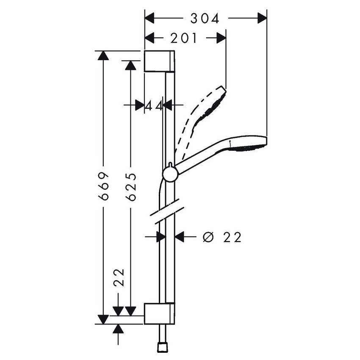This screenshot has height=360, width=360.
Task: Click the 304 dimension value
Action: [x=205, y=18]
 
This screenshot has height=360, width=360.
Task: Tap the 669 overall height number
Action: [x=104, y=187]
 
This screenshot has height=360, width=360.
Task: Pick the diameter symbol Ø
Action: [x=207, y=237]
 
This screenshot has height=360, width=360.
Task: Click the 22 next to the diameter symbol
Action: [x=232, y=237]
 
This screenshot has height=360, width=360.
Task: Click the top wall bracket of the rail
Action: [x=159, y=61]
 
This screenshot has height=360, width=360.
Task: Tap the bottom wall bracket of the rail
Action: [x=159, y=313]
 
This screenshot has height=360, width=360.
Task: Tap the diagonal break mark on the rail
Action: [x=166, y=210]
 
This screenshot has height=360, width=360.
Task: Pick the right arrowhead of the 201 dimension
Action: [x=222, y=39]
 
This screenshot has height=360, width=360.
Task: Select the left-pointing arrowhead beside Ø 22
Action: [x=180, y=237]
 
